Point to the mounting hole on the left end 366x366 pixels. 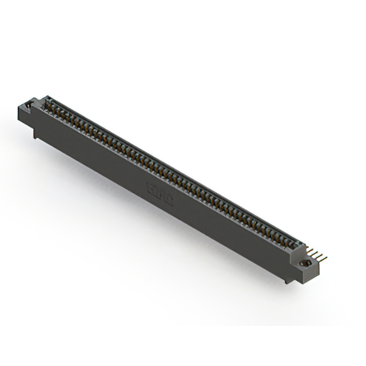(27, 108)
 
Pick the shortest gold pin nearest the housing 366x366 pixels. (308, 249)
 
